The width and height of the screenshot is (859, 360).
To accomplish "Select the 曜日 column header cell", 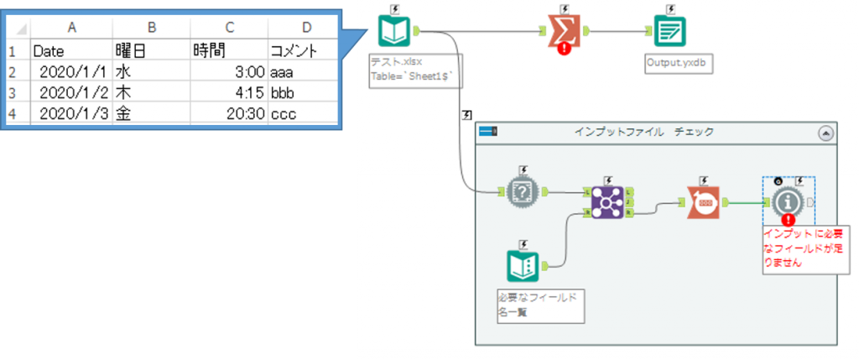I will [x=150, y=51].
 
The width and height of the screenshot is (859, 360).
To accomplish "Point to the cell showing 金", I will [x=150, y=113].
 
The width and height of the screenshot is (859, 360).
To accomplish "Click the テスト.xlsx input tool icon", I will [x=393, y=33].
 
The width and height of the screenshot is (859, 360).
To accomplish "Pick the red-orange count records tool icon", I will [x=703, y=201].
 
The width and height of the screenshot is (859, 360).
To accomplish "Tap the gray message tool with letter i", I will [x=786, y=201].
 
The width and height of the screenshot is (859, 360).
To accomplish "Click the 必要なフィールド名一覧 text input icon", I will [x=525, y=267].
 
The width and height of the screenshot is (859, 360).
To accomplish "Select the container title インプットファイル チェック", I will [x=643, y=133].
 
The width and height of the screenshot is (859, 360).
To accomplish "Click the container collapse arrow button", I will [x=825, y=133].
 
